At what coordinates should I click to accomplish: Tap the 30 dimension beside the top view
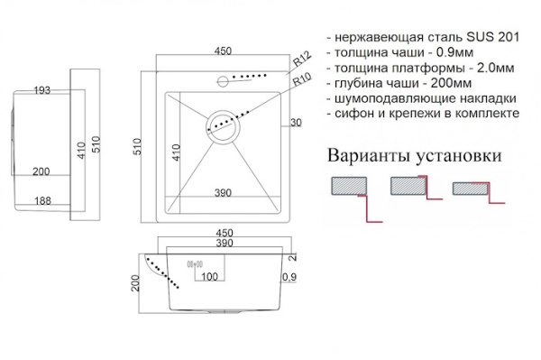[x=296, y=123]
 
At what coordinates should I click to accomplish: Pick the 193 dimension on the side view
[x=41, y=90]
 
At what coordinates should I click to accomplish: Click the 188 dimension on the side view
[x=41, y=201]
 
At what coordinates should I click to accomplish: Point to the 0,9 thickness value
[x=289, y=276]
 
